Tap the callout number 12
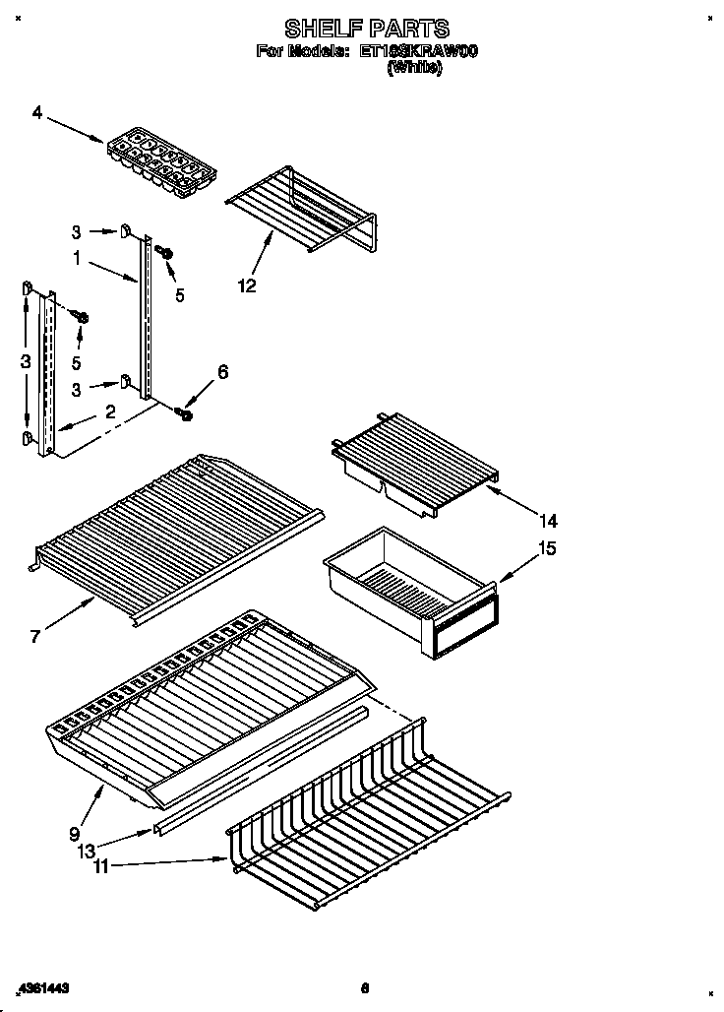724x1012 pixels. pyautogui.click(x=246, y=286)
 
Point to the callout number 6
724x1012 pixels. pyautogui.click(x=222, y=371)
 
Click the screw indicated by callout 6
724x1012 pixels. pyautogui.click(x=185, y=414)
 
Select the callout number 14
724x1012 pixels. pyautogui.click(x=548, y=520)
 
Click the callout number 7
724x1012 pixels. pyautogui.click(x=35, y=637)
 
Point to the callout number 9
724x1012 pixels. pyautogui.click(x=75, y=834)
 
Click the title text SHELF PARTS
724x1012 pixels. pyautogui.click(x=366, y=29)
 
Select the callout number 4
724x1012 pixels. pyautogui.click(x=36, y=113)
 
